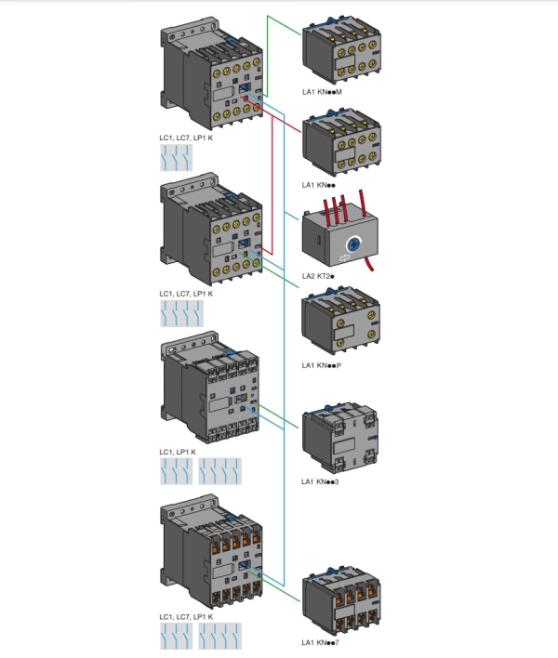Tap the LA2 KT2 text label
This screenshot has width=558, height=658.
(317, 276)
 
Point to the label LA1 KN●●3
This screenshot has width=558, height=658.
(321, 481)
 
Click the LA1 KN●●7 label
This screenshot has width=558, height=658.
(321, 642)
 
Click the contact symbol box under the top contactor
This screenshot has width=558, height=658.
(176, 157)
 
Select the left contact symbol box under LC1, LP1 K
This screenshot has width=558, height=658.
(176, 471)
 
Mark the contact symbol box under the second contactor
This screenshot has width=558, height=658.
(176, 313)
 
